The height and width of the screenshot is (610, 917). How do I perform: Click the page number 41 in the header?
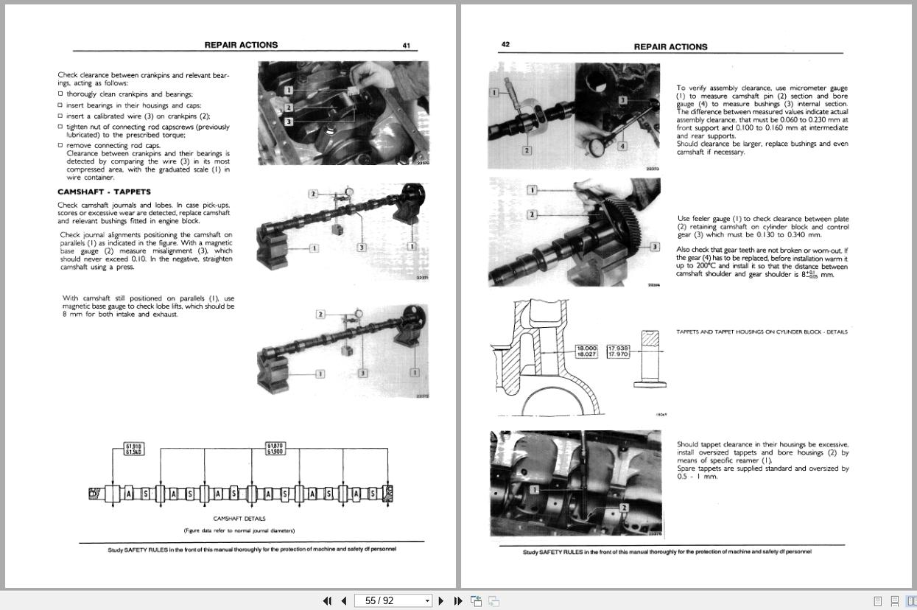coord(406,46)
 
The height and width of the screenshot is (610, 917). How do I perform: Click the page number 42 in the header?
coord(505,44)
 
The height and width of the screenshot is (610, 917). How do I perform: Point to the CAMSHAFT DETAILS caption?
coord(239,519)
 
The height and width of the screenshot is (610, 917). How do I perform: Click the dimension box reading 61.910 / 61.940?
coord(133,449)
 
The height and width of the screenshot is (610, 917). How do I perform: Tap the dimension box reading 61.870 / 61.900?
coord(275,449)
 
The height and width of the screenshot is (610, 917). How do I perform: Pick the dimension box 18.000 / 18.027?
coord(586,351)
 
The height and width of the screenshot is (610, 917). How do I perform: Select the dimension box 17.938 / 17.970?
coord(618,351)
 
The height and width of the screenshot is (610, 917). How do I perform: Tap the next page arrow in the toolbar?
coord(440,600)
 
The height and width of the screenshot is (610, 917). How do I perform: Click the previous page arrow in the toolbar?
coord(343,600)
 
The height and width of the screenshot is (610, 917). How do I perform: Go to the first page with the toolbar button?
coord(327,600)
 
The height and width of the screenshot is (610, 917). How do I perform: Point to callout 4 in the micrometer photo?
coord(622,146)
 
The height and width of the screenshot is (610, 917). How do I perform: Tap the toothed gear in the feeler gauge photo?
coord(625,214)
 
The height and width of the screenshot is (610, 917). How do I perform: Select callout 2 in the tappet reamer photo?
coord(624,508)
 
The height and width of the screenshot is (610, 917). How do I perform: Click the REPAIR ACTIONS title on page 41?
coord(241,45)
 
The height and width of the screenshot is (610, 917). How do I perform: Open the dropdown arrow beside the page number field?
coord(427,601)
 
